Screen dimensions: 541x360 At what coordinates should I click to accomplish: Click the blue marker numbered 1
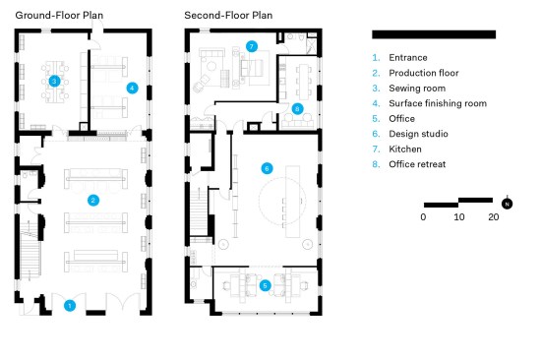pos(70,306)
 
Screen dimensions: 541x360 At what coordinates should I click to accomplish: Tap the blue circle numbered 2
pos(93,201)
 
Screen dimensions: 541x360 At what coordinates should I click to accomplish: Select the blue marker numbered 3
pos(54,81)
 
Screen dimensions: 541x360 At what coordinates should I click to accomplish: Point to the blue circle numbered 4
pos(132,88)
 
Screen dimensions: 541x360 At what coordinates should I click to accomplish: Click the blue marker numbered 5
pos(265,285)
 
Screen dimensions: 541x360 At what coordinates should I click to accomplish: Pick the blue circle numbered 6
pos(267,168)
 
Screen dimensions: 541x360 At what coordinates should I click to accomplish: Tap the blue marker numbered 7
pos(252,46)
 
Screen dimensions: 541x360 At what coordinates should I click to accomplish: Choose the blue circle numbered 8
pos(297,109)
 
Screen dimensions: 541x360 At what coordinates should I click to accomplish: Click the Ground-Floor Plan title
pos(59,16)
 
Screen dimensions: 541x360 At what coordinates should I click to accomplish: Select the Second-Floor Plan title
pos(228,16)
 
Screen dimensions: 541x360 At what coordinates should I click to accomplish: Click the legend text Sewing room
pos(417,89)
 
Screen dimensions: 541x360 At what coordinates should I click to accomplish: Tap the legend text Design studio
pos(418,134)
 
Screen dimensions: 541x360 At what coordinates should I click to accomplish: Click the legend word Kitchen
pos(405,150)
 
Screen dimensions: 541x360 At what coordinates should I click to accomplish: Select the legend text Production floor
pos(424,73)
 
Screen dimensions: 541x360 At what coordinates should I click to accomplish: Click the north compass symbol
pos(507,204)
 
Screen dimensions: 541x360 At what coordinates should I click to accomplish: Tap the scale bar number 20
pos(494,217)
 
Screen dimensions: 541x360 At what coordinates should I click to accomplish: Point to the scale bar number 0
pos(423,217)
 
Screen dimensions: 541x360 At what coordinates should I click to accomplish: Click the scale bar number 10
pos(459,217)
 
